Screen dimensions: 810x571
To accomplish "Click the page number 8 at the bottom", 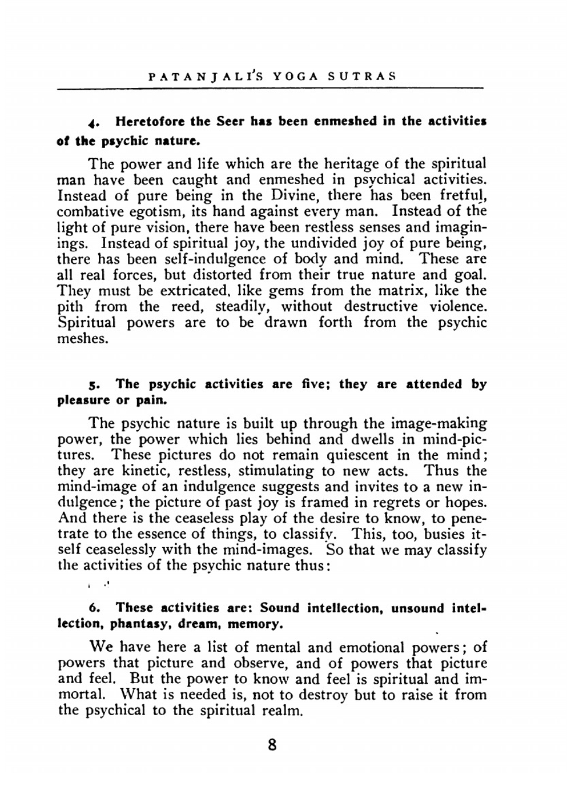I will [272, 745].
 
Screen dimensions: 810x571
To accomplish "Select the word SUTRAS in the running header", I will [362, 76].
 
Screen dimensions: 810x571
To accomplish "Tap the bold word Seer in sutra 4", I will [230, 121].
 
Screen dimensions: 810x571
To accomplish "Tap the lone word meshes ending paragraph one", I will [83, 338].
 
